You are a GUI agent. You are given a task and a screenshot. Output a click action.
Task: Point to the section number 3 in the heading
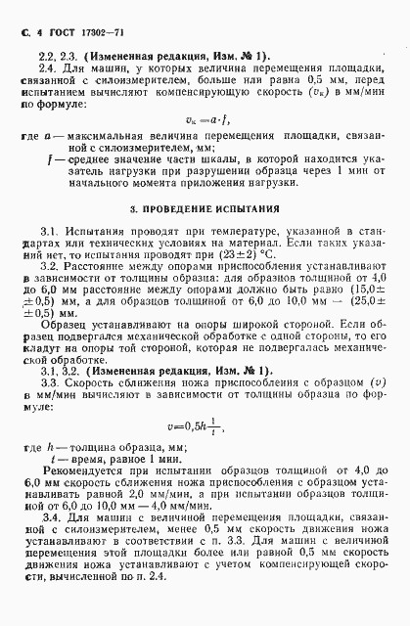coord(134,209)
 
